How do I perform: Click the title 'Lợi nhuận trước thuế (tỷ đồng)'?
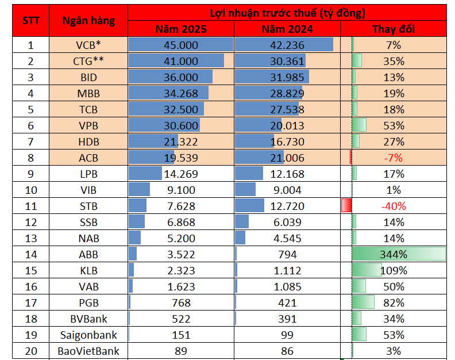tap(287, 12)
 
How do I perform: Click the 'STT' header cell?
tap(31, 21)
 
